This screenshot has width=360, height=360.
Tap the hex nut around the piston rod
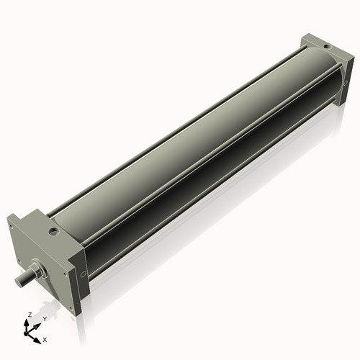click(37, 271)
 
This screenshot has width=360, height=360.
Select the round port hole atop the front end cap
click(53, 232)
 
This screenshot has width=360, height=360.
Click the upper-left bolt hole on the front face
click(13, 225)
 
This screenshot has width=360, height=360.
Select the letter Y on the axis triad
click(44, 318)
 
